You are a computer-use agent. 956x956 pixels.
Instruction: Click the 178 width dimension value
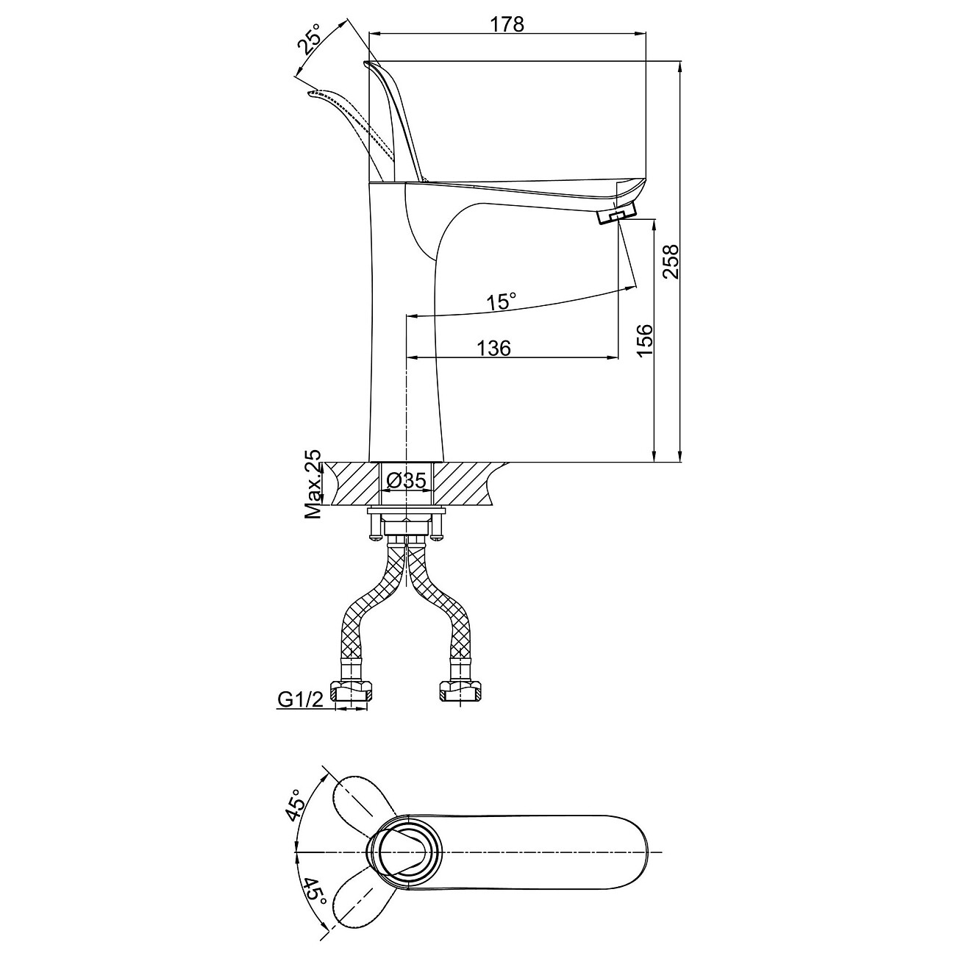click(507, 24)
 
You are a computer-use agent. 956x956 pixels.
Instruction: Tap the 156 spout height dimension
click(643, 340)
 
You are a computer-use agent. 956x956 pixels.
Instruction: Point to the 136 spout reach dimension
click(493, 348)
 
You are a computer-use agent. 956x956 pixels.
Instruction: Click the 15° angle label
click(501, 301)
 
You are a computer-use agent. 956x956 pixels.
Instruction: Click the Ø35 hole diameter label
click(407, 480)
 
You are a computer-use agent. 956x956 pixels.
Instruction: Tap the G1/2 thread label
click(301, 699)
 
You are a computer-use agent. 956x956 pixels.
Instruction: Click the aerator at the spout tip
click(617, 215)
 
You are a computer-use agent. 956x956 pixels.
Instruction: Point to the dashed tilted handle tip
click(310, 94)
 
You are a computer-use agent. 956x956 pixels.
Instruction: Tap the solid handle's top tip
click(367, 63)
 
